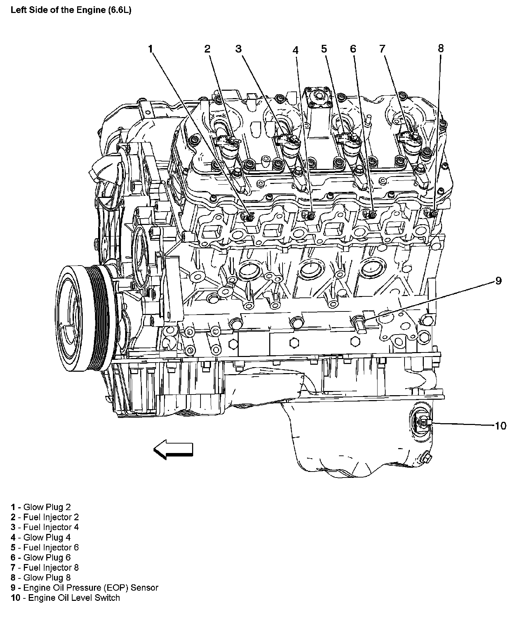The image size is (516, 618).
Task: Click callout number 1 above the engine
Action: pyautogui.click(x=151, y=49)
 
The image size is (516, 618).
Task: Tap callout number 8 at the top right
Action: pyautogui.click(x=441, y=48)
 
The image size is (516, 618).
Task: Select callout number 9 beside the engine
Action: pyautogui.click(x=498, y=281)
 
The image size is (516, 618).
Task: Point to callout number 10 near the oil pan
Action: pyautogui.click(x=500, y=426)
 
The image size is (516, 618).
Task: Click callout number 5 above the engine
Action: pyautogui.click(x=324, y=49)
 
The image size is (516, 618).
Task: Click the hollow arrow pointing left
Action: pyautogui.click(x=173, y=449)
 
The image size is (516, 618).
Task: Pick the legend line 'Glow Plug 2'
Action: pyautogui.click(x=41, y=507)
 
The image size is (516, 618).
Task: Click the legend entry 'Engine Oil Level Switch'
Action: pyautogui.click(x=65, y=598)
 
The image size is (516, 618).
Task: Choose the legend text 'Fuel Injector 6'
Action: pyautogui.click(x=45, y=547)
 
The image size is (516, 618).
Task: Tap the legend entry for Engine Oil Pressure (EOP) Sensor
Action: pyautogui.click(x=84, y=588)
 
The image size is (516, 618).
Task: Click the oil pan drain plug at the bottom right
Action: pyautogui.click(x=427, y=458)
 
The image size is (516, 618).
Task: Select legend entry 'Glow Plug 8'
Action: pyautogui.click(x=41, y=577)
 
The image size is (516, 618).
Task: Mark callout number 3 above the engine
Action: pyautogui.click(x=238, y=49)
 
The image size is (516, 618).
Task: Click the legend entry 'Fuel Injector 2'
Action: pyautogui.click(x=45, y=517)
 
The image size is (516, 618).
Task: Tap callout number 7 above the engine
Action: pyautogui.click(x=382, y=49)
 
